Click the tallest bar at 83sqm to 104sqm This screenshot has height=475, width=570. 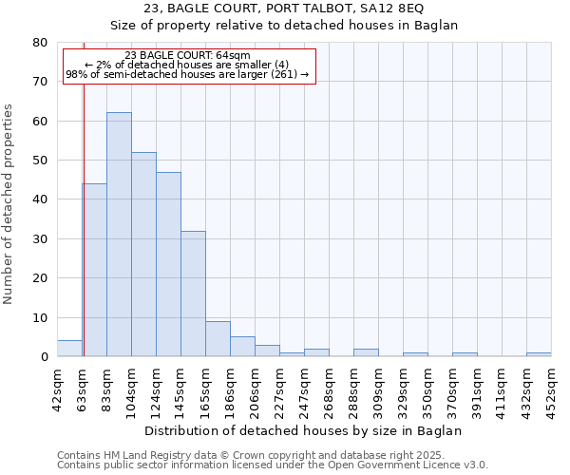pos(119,235)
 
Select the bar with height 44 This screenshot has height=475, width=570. pos(94,270)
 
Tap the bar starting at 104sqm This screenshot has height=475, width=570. pos(143,255)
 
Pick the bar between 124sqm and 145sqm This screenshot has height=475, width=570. pos(168,264)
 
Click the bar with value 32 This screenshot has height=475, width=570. pos(193,294)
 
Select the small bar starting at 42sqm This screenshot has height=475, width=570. pos(69,349)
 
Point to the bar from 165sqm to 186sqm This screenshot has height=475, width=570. pos(218,339)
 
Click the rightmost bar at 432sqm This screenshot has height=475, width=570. pos(539,354)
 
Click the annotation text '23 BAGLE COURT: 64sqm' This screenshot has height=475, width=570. pos(187,56)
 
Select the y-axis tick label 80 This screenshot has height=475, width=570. pos(40,43)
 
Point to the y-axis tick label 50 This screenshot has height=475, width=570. pos(40,161)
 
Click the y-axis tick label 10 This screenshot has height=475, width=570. pos(40,317)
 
